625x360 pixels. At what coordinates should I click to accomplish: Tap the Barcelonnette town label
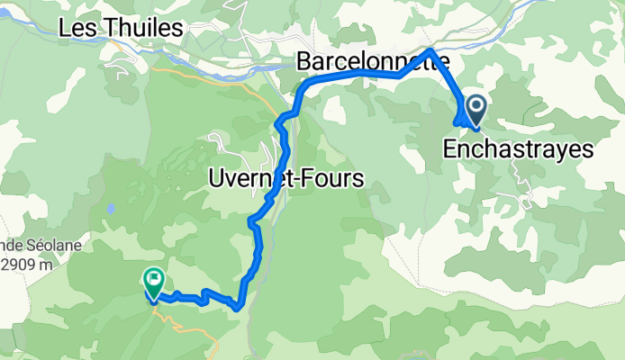click(x=372, y=61)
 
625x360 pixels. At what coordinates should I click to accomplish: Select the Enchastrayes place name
click(x=519, y=149)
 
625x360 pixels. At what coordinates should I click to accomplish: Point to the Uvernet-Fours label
click(x=285, y=178)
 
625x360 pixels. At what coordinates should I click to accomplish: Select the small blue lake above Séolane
click(x=108, y=208)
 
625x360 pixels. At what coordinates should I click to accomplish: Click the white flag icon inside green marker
click(x=154, y=279)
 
